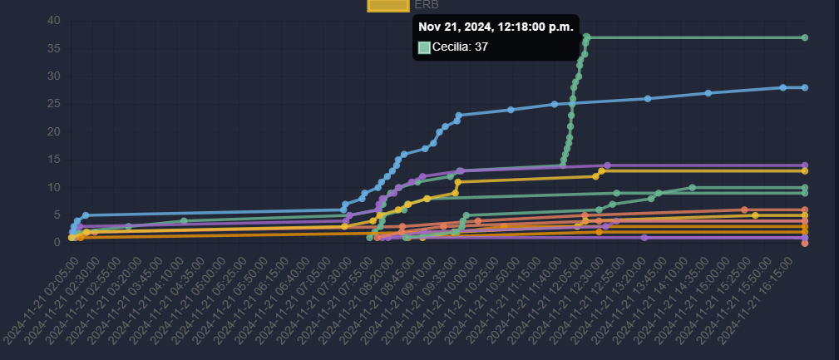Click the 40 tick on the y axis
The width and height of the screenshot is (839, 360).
(x=53, y=21)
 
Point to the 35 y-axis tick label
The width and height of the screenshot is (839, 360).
(x=53, y=48)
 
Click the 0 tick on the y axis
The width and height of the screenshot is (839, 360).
(x=57, y=243)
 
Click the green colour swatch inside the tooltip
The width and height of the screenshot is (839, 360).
(x=424, y=47)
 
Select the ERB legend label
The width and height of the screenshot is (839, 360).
(x=427, y=4)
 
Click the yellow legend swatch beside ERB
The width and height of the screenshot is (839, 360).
(x=388, y=5)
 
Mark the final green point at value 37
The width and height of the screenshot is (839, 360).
(x=805, y=37)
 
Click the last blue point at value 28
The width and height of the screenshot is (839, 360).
(x=805, y=87)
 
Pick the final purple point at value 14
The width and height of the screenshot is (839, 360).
(x=805, y=165)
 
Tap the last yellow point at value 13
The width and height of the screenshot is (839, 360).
(x=805, y=170)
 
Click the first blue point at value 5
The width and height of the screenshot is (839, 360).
(x=86, y=215)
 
